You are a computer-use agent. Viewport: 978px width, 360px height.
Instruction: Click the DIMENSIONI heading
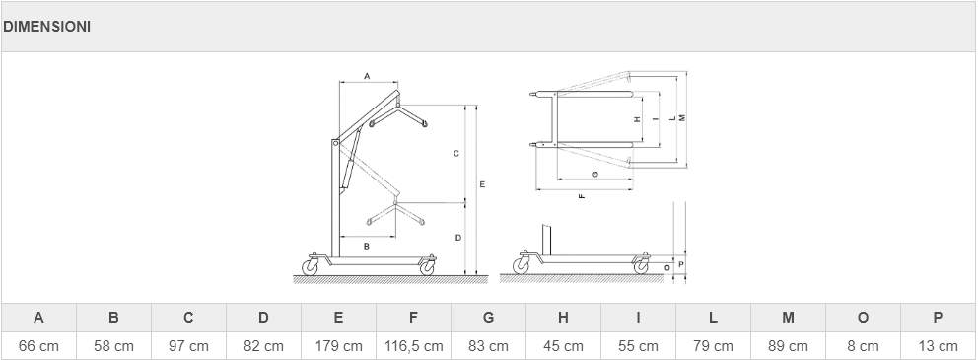point(46,27)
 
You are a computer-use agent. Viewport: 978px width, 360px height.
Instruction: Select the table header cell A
point(38,318)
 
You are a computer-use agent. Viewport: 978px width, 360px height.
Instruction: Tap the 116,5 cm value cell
point(413,345)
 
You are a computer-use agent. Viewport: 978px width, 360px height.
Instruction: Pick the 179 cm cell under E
point(339,345)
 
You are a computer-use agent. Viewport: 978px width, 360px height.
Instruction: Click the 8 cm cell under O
point(863,345)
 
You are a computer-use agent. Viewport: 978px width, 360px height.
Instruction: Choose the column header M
point(788,318)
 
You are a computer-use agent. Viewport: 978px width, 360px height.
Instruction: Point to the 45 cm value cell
point(563,345)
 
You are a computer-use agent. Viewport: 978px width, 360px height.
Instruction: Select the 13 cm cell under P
point(939,345)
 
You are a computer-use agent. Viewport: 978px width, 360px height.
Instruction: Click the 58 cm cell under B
point(113,345)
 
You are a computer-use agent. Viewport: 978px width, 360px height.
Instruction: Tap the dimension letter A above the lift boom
point(368,76)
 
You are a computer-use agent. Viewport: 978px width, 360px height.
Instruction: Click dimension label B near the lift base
point(367,247)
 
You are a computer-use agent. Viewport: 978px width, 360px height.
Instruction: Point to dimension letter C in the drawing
point(456,154)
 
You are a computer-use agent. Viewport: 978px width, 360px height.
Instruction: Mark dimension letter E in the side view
point(482,184)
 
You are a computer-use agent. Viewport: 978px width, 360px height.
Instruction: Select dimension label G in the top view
point(595,174)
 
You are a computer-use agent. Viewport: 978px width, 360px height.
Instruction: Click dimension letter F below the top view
point(582,196)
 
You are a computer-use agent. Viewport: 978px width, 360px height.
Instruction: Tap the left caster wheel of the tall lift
point(310,267)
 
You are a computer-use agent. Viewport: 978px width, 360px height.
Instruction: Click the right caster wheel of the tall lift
point(427,267)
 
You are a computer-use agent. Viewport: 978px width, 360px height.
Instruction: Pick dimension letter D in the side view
point(457,238)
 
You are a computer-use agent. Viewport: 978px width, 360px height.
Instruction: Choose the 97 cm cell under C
point(188,345)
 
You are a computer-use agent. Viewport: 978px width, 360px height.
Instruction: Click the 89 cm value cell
point(788,345)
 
